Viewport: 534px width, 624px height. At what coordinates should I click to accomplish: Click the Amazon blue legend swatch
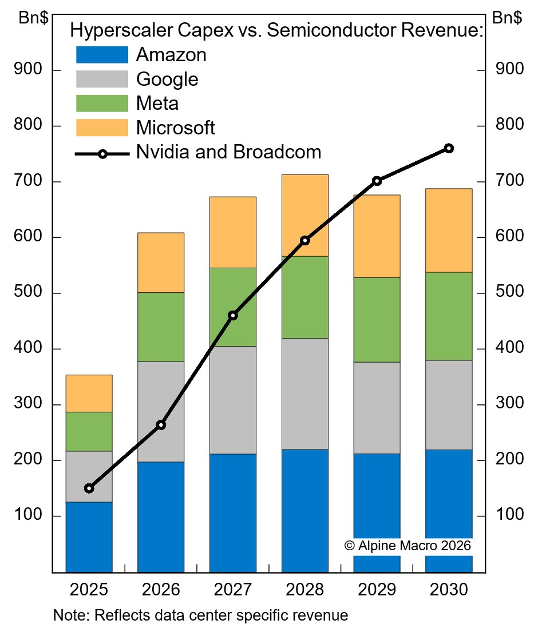[102, 55]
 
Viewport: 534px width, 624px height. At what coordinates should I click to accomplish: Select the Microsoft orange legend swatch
[102, 127]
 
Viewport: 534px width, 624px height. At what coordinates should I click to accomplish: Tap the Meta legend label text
[157, 104]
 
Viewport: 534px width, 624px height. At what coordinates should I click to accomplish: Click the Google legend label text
[167, 79]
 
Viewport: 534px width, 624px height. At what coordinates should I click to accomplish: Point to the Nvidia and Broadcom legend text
[228, 152]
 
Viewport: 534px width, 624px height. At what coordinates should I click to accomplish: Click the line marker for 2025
[89, 488]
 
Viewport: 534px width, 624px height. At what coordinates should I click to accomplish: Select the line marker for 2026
[161, 425]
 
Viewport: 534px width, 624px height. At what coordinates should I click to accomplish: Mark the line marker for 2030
[449, 149]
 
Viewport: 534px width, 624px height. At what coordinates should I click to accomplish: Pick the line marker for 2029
[377, 181]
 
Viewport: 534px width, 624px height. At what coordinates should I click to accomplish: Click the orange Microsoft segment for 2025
[89, 394]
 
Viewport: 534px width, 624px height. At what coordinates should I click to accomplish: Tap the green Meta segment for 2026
[161, 327]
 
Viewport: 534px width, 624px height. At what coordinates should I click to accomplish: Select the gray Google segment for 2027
[233, 400]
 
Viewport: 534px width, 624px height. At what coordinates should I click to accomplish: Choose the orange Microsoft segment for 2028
[304, 215]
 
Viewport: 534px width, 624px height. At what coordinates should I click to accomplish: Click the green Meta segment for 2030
[449, 316]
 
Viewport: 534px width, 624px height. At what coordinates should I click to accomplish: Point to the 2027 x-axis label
[233, 590]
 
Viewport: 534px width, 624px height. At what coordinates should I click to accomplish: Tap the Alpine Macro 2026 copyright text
[408, 546]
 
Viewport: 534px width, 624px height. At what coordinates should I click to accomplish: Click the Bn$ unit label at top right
[507, 18]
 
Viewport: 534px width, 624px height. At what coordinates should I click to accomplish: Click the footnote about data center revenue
[200, 615]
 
